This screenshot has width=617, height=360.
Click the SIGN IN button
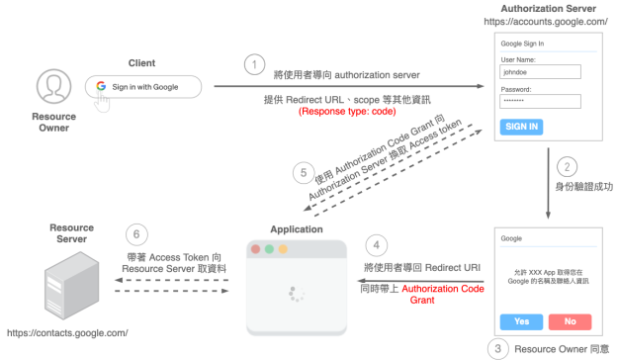tap(522, 127)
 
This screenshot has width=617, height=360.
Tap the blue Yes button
tap(521, 321)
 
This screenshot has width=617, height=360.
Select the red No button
tap(570, 321)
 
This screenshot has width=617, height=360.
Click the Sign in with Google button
tap(143, 87)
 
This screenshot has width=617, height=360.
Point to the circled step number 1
tap(255, 65)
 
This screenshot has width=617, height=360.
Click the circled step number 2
tap(567, 167)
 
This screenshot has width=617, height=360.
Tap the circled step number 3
tap(498, 348)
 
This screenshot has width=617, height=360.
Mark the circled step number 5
tap(305, 171)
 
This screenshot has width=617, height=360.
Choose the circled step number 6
tap(136, 235)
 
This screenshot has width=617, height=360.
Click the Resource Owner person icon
tap(52, 87)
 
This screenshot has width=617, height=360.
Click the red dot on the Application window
tap(255, 249)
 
